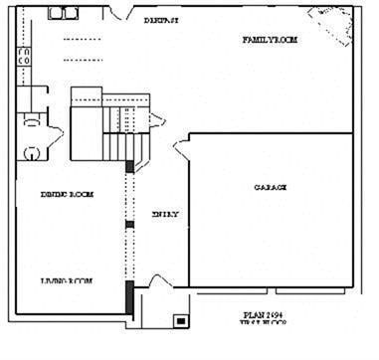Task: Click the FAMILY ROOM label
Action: (x=271, y=40)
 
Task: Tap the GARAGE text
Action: (x=271, y=186)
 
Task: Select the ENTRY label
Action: (x=164, y=213)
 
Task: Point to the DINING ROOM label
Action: (x=68, y=194)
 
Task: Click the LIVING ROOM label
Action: (x=67, y=281)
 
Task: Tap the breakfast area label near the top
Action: (x=161, y=20)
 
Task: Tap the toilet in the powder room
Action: (x=32, y=153)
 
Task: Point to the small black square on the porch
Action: (x=179, y=321)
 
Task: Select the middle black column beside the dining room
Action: (x=128, y=225)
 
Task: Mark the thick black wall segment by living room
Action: (x=128, y=296)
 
